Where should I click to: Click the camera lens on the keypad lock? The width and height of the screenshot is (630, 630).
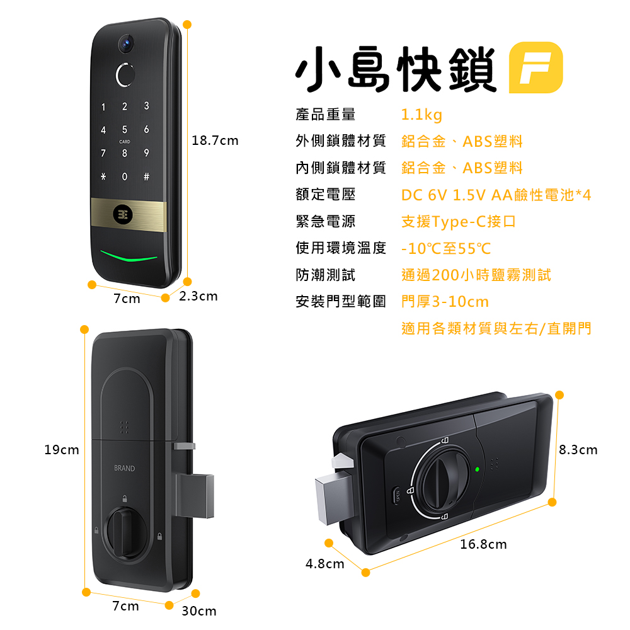(x=126, y=43)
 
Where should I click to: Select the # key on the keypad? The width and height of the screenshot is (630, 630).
(x=146, y=176)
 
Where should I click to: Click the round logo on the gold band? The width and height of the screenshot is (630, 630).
(x=123, y=215)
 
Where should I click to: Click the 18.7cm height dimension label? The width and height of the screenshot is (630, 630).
(x=215, y=140)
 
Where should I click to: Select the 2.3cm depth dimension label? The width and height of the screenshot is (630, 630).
(x=198, y=296)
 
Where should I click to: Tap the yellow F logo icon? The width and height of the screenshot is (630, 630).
(x=535, y=67)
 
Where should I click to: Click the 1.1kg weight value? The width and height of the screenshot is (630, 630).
(x=421, y=115)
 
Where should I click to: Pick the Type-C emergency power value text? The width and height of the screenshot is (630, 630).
(x=459, y=221)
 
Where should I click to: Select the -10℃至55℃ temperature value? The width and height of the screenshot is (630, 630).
(x=446, y=248)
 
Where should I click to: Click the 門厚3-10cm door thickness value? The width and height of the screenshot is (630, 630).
(x=445, y=301)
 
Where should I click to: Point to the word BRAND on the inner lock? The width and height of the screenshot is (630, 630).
(x=125, y=468)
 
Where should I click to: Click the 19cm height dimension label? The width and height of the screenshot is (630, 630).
(x=62, y=450)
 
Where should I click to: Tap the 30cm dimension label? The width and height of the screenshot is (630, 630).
(x=199, y=610)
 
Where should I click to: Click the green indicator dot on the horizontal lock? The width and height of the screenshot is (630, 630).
(x=478, y=469)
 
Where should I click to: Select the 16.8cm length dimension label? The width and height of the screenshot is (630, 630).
(x=483, y=544)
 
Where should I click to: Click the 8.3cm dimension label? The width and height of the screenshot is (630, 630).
(x=578, y=450)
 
